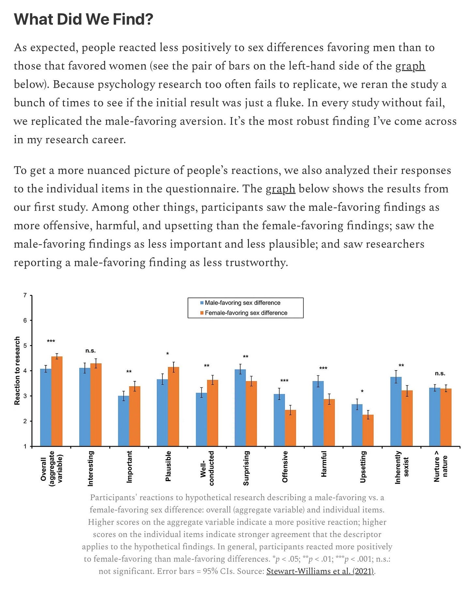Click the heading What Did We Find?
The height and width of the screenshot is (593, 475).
[84, 20]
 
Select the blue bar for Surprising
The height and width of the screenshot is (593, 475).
[240, 408]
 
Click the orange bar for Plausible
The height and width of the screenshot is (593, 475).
[174, 406]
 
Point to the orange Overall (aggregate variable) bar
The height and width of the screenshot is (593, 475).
[57, 401]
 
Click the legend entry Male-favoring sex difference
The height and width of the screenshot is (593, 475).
[242, 303]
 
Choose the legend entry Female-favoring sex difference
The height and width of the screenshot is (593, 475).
[246, 313]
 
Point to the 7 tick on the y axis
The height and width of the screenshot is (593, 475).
[25, 296]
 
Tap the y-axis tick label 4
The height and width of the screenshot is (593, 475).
[25, 371]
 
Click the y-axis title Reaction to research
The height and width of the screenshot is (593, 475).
[17, 371]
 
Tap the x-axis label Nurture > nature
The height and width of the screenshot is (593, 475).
[440, 466]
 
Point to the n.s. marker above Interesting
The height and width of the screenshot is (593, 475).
[90, 351]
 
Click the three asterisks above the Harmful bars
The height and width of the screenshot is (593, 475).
[323, 369]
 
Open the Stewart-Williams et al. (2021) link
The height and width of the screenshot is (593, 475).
[320, 571]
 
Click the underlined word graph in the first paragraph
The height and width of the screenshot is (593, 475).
[410, 66]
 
